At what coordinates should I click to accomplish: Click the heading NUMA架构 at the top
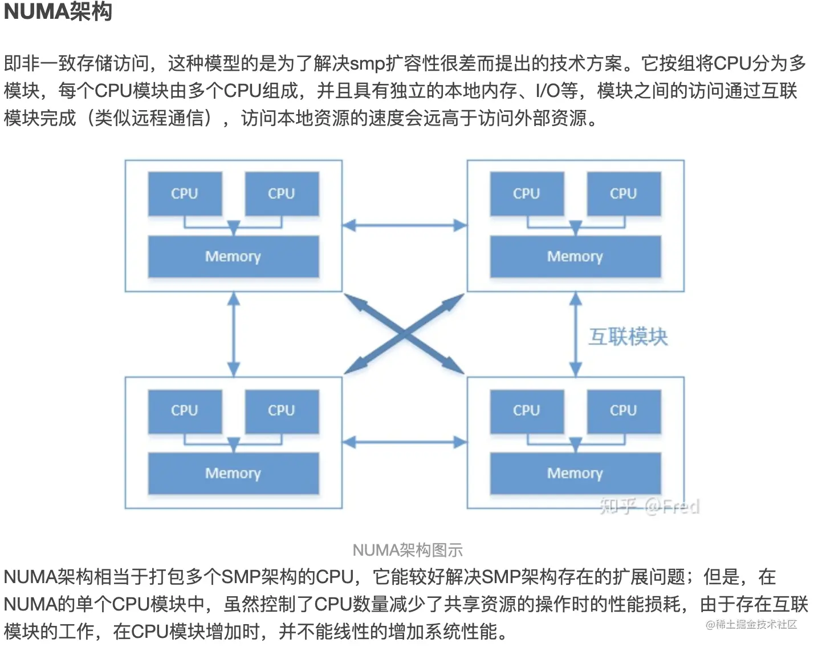[58, 11]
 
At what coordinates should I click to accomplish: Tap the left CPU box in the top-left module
[185, 194]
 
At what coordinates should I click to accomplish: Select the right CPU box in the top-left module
[282, 194]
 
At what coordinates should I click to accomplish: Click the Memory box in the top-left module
[233, 257]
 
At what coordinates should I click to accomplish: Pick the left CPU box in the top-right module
[527, 194]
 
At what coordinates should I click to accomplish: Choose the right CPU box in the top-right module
[624, 194]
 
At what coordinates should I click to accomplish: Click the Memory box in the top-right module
[575, 257]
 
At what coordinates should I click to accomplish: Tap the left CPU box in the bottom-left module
[185, 411]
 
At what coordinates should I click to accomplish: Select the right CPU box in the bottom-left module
[282, 411]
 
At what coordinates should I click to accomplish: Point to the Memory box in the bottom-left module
[233, 474]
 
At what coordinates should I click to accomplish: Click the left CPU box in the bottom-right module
[527, 411]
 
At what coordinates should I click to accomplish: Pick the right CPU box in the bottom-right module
[624, 411]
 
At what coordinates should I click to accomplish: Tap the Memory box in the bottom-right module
[575, 474]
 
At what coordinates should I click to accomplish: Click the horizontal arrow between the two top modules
[405, 225]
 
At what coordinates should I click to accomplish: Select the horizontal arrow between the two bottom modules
[405, 442]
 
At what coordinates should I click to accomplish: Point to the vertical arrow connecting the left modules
[234, 334]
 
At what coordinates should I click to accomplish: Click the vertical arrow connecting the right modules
[576, 334]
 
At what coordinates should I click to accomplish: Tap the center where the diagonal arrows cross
[405, 334]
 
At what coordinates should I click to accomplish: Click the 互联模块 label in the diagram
[628, 337]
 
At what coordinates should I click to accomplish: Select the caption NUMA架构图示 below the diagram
[407, 550]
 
